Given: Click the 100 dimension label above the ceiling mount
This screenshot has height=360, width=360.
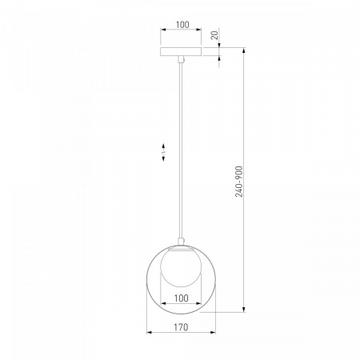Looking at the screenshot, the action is click(x=182, y=25).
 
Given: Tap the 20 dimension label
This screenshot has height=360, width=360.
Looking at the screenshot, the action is click(x=214, y=35).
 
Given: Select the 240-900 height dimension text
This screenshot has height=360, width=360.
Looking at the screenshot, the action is click(x=239, y=182).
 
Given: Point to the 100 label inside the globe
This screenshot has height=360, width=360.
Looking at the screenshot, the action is click(x=182, y=298).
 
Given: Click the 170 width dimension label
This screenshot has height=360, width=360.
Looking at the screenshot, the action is click(x=182, y=327).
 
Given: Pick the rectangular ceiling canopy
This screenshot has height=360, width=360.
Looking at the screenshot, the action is click(x=181, y=52).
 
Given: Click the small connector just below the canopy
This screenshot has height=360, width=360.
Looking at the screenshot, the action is click(x=182, y=59).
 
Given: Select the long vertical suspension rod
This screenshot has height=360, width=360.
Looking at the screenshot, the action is click(x=182, y=150).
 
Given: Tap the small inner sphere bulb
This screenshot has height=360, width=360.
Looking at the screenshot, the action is click(x=181, y=267).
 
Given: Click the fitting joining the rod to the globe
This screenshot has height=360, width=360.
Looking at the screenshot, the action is click(x=182, y=241).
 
